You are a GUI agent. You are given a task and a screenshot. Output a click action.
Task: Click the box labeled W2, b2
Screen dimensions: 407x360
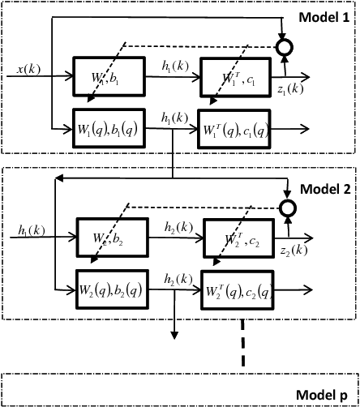[x=112, y=239]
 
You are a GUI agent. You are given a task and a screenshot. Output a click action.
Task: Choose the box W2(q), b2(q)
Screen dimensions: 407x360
[x=111, y=287]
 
